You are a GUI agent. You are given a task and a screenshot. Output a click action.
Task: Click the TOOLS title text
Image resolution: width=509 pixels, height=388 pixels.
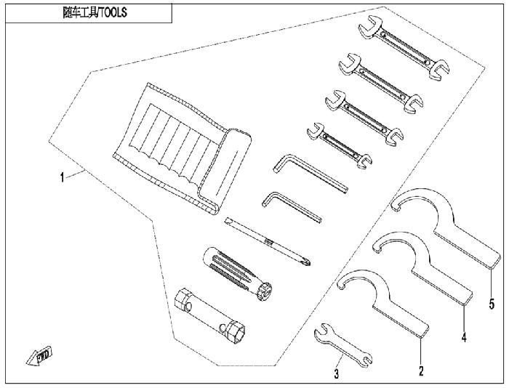coord(95,12)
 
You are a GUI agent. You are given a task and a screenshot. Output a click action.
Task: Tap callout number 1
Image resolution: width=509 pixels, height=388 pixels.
coord(62,177)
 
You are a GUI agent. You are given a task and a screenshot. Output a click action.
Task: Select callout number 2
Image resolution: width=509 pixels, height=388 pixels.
coord(421,371)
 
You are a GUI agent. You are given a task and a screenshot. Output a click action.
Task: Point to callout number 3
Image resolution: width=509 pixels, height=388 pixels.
coord(337,373)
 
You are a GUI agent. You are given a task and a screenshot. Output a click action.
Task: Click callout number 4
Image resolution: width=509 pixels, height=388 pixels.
coord(464,337)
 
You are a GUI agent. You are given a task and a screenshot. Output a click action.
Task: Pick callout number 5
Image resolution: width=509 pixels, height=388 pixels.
coord(492,304)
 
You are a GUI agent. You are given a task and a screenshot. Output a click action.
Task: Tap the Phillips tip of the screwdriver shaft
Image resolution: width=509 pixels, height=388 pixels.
coord(307,261)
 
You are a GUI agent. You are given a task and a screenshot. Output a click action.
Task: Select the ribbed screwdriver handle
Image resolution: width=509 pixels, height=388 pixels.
coord(238,274)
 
